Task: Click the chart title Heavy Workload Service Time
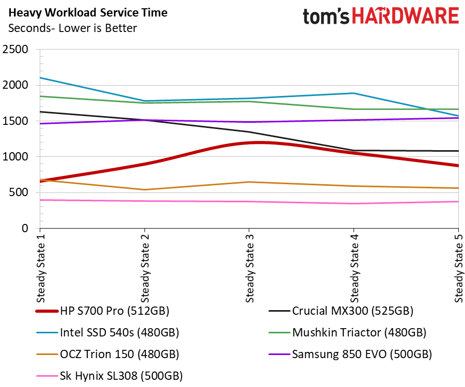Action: coord(88,12)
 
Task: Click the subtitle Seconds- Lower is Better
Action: coord(73,28)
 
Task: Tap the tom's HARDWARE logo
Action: coord(381,16)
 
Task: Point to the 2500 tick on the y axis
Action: coord(15,50)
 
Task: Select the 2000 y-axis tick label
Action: coord(15,86)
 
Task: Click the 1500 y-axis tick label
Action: coord(15,121)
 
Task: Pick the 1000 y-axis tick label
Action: coord(15,157)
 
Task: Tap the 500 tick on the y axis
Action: coord(20,193)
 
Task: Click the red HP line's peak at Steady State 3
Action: coord(249,142)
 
